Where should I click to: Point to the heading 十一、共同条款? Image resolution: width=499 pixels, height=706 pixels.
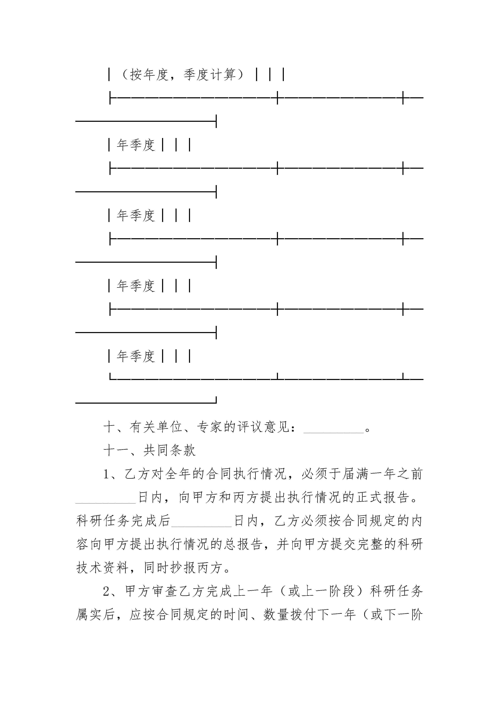coord(149,451)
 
